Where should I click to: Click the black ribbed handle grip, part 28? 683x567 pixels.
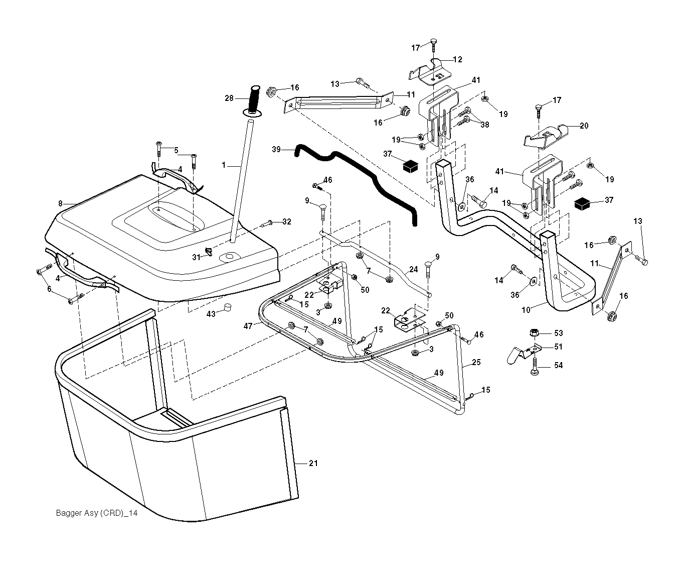click(254, 99)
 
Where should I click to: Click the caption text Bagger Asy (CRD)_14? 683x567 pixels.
click(96, 513)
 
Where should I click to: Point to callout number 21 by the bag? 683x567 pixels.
click(313, 463)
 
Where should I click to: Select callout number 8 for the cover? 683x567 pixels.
click(61, 203)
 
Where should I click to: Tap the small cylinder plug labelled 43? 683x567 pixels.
click(227, 307)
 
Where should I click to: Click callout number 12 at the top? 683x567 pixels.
click(457, 59)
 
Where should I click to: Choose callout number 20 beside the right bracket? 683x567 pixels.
click(584, 126)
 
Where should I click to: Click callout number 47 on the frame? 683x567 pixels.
click(248, 326)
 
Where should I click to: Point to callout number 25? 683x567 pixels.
click(476, 362)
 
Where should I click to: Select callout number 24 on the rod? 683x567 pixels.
click(413, 269)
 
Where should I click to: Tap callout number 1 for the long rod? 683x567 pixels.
click(224, 164)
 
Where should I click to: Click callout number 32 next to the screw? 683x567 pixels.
click(286, 221)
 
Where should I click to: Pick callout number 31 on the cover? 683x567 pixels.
click(196, 257)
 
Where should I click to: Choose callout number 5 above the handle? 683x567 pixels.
click(176, 150)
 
